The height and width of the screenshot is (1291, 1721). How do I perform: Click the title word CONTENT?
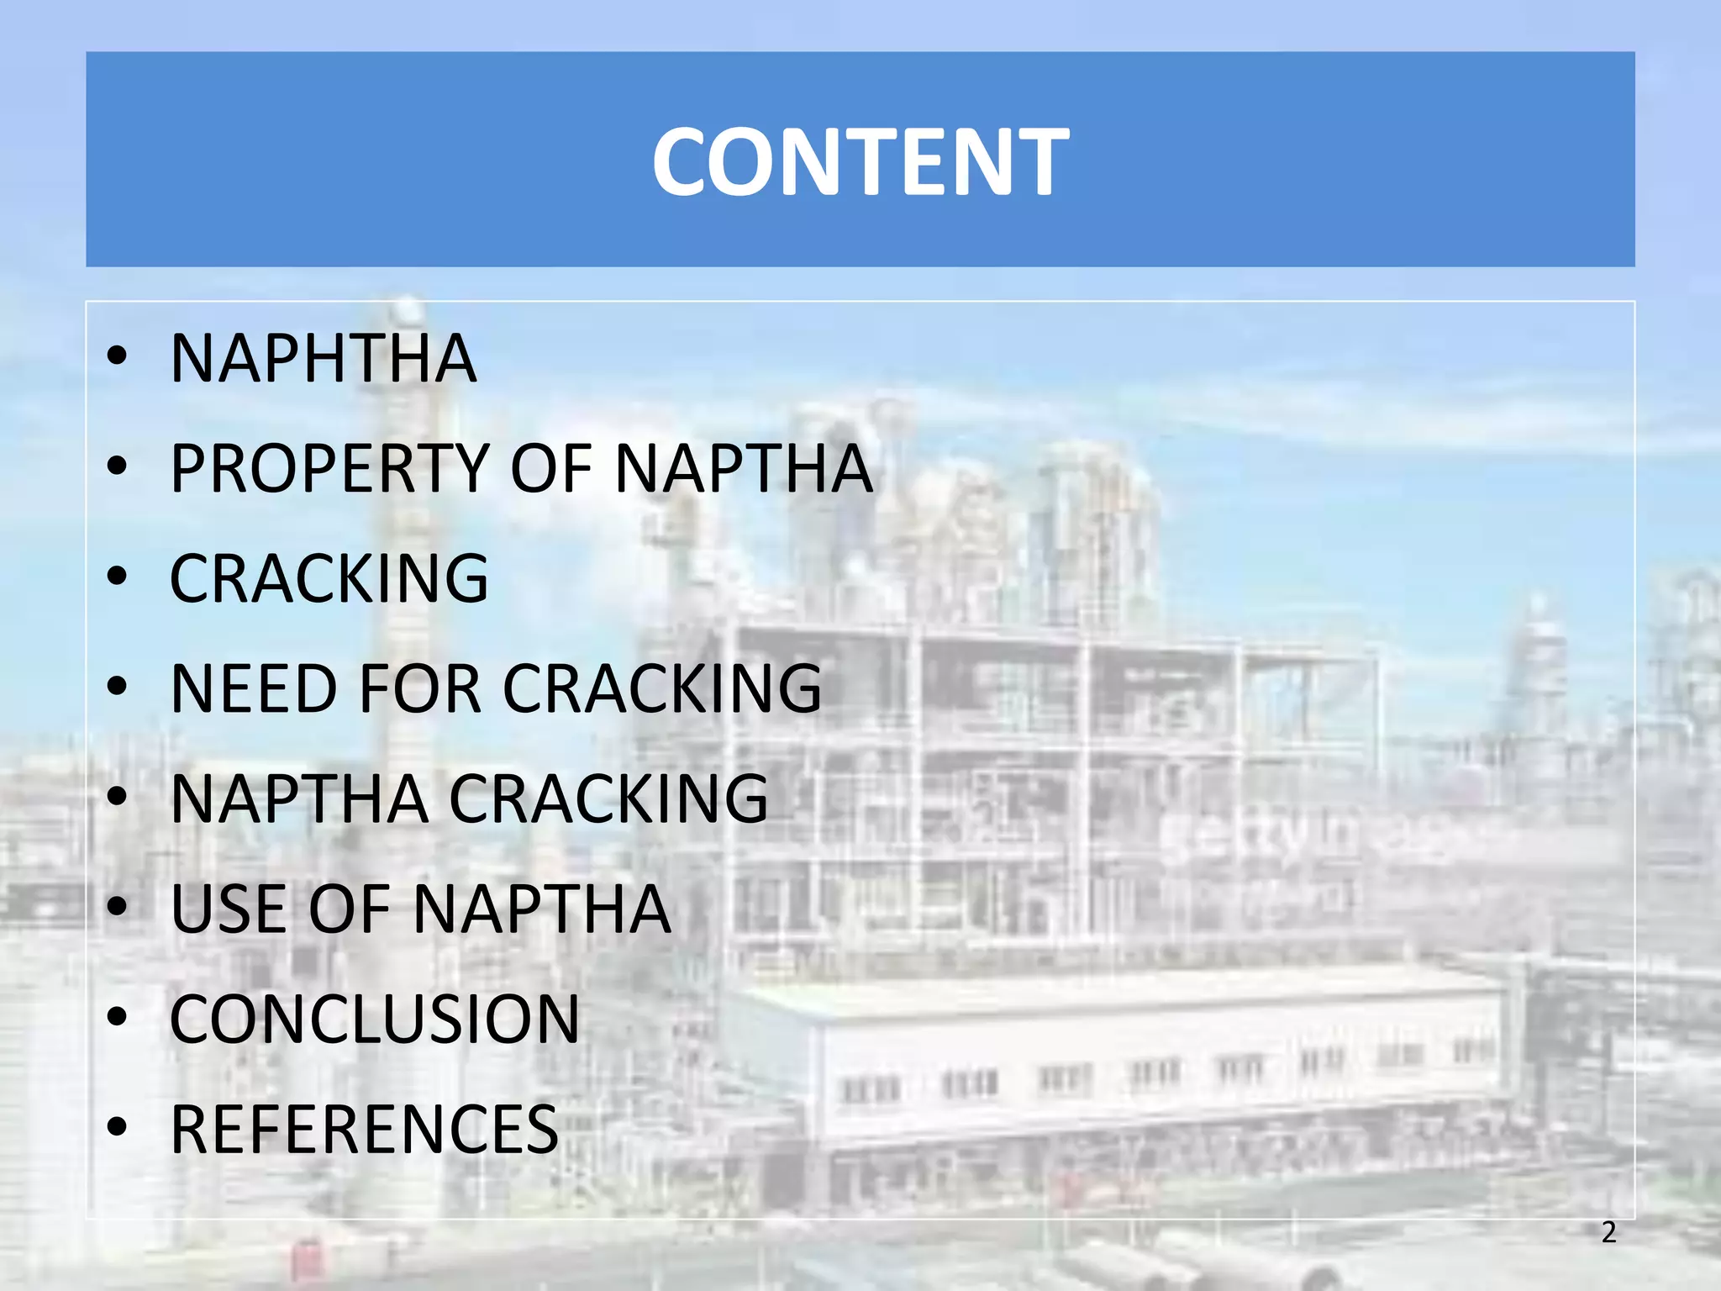click(860, 161)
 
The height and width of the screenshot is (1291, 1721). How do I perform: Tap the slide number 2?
click(1608, 1232)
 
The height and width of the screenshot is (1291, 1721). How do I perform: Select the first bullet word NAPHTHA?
click(324, 359)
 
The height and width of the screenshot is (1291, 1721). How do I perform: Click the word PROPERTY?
click(329, 469)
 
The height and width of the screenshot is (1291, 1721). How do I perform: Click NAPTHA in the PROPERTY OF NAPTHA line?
click(745, 469)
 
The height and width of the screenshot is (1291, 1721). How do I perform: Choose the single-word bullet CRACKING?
click(329, 579)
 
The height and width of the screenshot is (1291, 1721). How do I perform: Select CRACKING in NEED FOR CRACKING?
click(662, 689)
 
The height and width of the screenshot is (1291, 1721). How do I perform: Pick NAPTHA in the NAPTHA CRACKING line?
click(299, 799)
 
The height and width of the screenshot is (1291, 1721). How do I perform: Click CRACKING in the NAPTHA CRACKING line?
click(608, 799)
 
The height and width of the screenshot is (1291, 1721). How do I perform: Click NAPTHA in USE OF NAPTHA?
click(542, 909)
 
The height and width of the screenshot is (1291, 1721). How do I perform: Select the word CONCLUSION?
click(375, 1020)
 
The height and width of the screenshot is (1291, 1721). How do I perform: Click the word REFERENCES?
click(364, 1130)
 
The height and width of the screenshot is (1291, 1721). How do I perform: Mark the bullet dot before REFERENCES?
click(118, 1125)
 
